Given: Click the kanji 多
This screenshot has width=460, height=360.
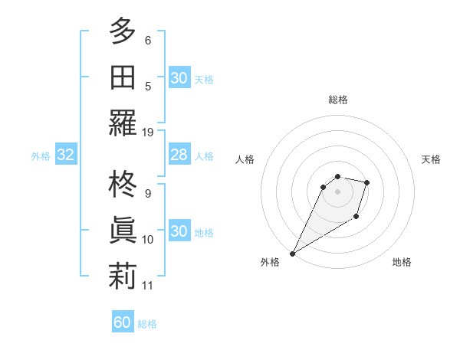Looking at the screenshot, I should pos(123,31).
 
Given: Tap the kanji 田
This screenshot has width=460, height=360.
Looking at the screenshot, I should pos(123,77).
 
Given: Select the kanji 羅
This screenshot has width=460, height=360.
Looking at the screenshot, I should pos(123,123).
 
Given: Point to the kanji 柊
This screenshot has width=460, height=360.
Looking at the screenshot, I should pos(123,185).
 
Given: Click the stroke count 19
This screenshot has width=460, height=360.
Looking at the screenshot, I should pos(148,132).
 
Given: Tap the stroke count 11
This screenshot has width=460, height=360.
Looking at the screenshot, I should pos(148,286).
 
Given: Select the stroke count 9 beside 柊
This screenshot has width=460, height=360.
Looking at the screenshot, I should pos(148,193).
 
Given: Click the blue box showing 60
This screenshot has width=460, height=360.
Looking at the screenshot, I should pos(123,322).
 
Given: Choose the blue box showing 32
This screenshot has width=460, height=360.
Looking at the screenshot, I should pos(65,155).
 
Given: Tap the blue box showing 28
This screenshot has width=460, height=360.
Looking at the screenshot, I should pos(179,155).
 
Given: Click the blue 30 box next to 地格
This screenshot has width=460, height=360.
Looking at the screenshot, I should pos(179,232).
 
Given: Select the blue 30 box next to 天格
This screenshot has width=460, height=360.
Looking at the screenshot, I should pos(179,78).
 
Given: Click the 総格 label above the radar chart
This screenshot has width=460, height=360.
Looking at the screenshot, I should pos(338,100).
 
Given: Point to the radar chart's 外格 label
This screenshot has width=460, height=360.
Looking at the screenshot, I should pos(270,262).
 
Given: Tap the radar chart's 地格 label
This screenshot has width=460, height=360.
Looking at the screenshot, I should pos(402,262).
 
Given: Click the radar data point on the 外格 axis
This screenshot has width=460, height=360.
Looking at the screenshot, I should pos(292,253).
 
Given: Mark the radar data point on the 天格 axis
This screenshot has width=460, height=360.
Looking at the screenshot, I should pos(367,182).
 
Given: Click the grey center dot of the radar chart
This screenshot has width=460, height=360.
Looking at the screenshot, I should pos(338,191).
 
